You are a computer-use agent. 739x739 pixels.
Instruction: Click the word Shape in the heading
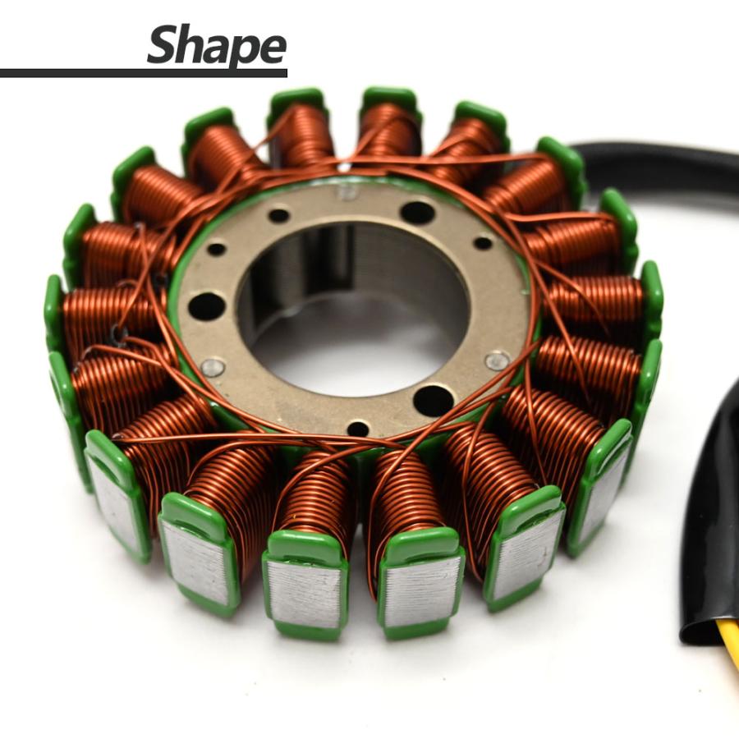tap(217, 45)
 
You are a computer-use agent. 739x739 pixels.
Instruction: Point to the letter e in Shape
tap(273, 48)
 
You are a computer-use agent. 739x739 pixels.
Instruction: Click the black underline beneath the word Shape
tap(143, 73)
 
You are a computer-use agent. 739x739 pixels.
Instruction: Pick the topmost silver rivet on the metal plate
tap(347, 191)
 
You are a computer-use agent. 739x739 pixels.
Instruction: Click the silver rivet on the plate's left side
tap(213, 367)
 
